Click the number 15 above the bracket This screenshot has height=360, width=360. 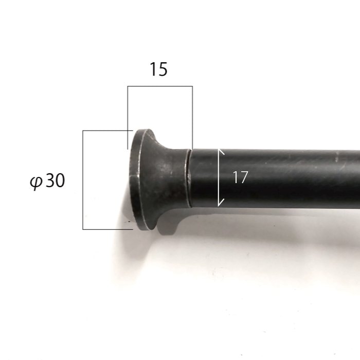(158, 69)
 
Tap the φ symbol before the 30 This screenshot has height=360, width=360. (37, 182)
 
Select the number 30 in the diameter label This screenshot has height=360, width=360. (56, 180)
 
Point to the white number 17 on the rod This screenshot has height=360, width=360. (240, 177)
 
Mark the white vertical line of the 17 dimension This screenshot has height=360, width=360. (219, 178)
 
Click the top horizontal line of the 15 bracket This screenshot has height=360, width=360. (160, 86)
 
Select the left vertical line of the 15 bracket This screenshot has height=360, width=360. (128, 118)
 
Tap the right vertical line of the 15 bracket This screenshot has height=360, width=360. (192, 118)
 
